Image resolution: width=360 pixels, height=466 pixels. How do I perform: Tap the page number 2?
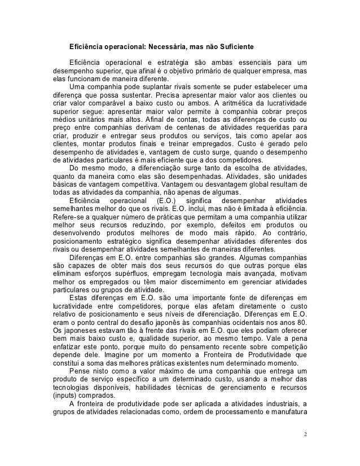pos(305,435)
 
